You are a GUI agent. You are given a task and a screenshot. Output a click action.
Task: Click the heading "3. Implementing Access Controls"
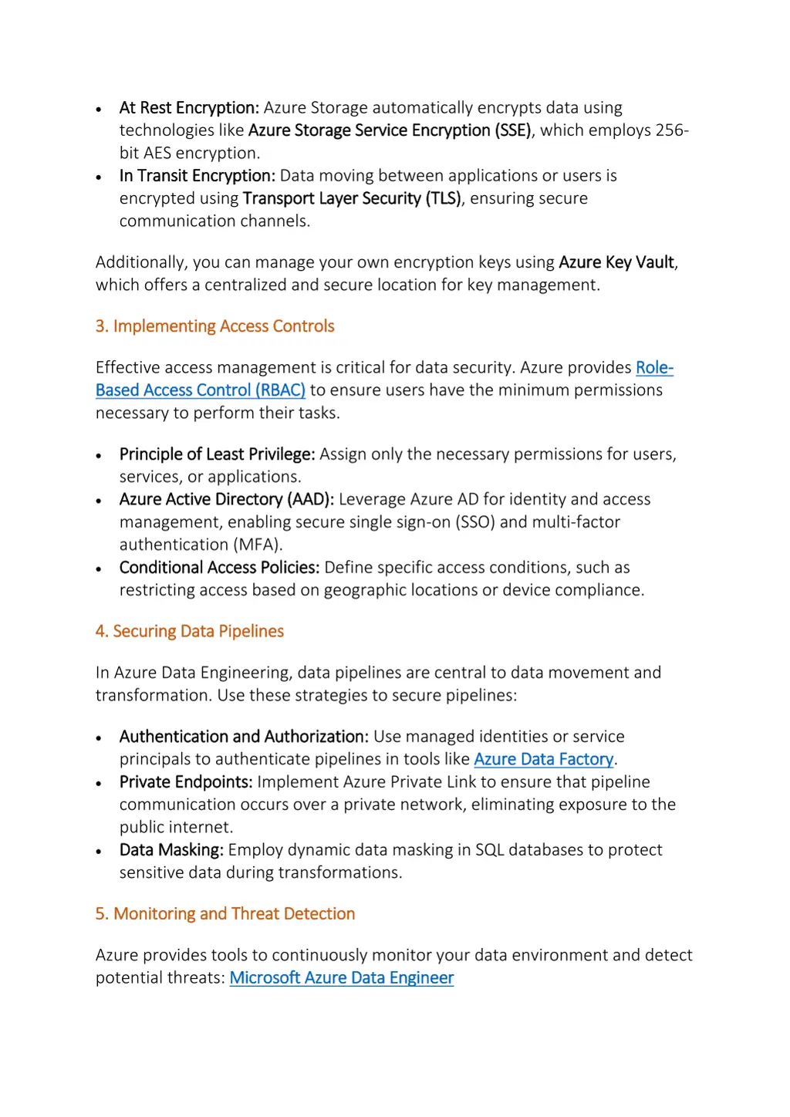pyautogui.click(x=214, y=326)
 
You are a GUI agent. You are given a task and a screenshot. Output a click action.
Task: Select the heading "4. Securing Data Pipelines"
pyautogui.click(x=189, y=631)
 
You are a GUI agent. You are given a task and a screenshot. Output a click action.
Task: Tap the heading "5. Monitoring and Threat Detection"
pyautogui.click(x=225, y=913)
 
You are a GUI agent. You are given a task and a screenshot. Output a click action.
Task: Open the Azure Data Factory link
pyautogui.click(x=543, y=759)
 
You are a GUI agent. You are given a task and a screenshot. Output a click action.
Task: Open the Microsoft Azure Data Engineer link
pyautogui.click(x=341, y=977)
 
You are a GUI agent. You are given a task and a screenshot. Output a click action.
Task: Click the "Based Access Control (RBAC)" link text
pyautogui.click(x=200, y=390)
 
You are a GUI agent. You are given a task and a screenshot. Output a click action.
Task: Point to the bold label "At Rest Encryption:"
pyautogui.click(x=189, y=108)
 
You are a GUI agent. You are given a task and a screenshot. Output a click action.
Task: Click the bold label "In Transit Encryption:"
pyautogui.click(x=197, y=176)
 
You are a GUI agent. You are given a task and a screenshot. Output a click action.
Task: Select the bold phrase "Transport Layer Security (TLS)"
pyautogui.click(x=352, y=198)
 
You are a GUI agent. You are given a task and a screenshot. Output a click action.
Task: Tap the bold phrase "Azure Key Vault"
pyautogui.click(x=616, y=262)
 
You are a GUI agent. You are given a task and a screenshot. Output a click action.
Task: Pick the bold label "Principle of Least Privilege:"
pyautogui.click(x=217, y=454)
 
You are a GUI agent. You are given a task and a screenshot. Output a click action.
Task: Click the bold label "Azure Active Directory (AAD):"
pyautogui.click(x=226, y=499)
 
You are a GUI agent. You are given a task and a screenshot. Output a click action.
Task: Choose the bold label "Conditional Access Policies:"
pyautogui.click(x=219, y=568)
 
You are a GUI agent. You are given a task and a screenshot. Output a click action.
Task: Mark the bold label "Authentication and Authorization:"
pyautogui.click(x=244, y=737)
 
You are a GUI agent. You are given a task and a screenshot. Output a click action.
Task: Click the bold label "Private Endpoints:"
pyautogui.click(x=186, y=782)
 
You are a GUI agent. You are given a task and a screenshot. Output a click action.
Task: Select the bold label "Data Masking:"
pyautogui.click(x=171, y=850)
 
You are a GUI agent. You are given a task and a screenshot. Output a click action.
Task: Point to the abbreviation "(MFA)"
pyautogui.click(x=257, y=545)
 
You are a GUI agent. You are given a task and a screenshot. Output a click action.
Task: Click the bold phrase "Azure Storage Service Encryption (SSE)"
pyautogui.click(x=390, y=130)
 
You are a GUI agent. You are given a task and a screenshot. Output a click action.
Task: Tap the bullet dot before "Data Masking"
pyautogui.click(x=99, y=852)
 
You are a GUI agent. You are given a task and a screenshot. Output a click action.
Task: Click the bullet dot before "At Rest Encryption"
pyautogui.click(x=99, y=110)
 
